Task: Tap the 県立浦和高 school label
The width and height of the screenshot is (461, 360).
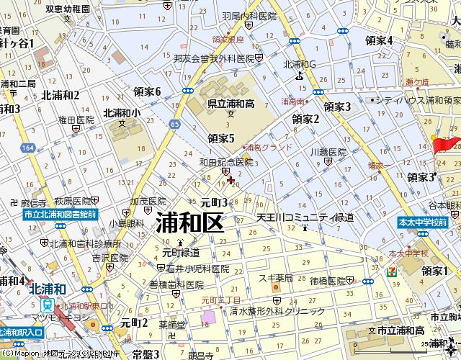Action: [x=230, y=102]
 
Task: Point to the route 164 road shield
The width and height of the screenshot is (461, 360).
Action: [x=27, y=147]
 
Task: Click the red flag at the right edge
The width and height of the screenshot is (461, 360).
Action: [x=446, y=144]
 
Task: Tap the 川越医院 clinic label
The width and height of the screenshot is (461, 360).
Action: [x=328, y=153]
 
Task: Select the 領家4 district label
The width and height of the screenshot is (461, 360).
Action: [x=379, y=40]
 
